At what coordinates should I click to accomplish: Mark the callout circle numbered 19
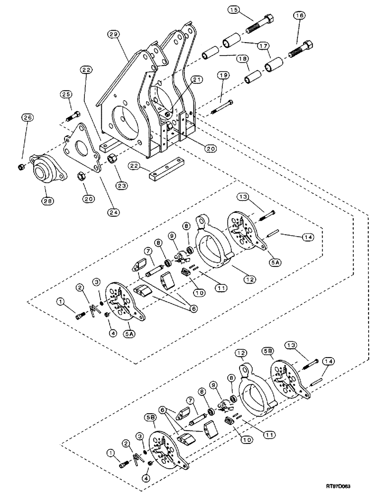221,76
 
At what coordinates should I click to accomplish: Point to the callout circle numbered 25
66,94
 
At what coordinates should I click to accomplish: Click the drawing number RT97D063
354,488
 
